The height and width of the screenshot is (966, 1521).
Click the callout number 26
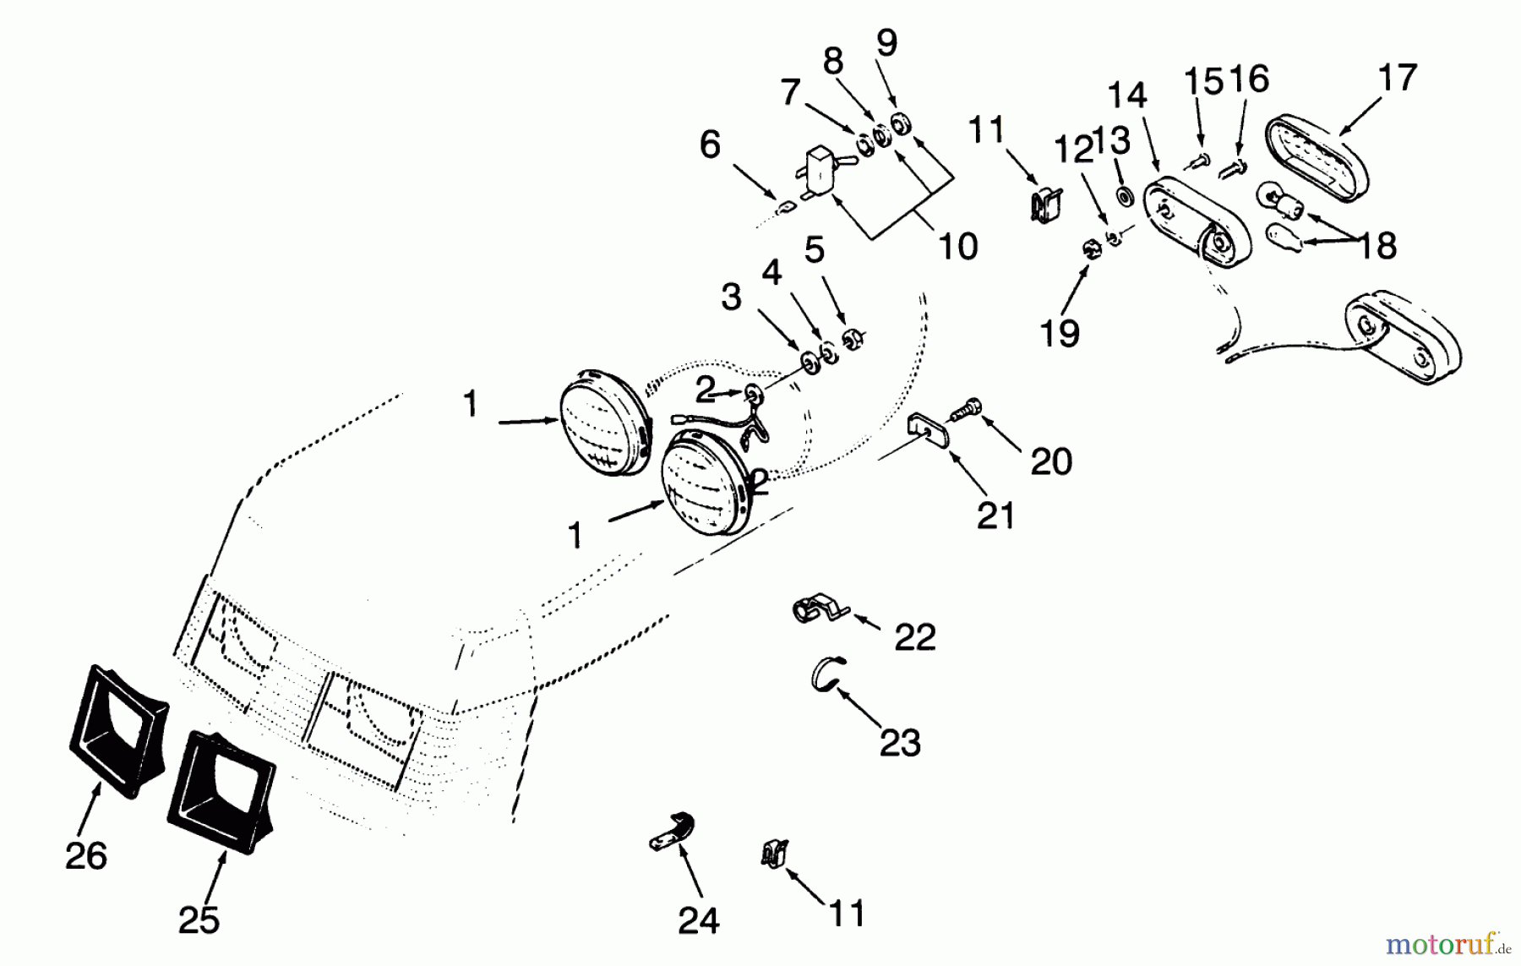click(85, 856)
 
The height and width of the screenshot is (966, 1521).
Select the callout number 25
click(199, 920)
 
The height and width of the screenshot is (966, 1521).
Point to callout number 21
click(995, 515)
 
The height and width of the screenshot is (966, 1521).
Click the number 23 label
click(900, 743)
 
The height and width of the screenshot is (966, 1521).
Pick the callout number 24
click(698, 920)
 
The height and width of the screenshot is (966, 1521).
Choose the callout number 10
click(958, 246)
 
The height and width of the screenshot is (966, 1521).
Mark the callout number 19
click(1059, 333)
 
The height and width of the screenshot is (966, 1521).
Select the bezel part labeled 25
click(221, 790)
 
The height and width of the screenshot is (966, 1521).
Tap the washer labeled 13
click(1126, 196)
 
